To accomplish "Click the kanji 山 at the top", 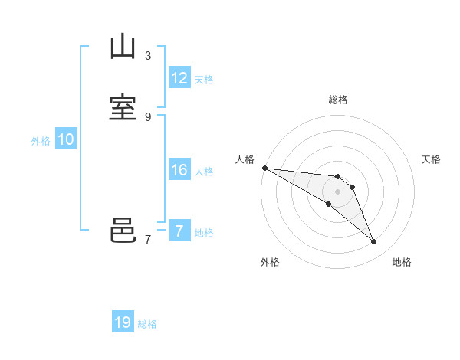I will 123,47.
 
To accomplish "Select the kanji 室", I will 123,108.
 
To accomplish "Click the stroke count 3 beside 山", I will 148,55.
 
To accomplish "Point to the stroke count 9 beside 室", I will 148,116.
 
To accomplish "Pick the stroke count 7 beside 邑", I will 148,239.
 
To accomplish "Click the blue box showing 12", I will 179,78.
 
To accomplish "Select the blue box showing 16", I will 179,170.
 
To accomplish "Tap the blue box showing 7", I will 179,231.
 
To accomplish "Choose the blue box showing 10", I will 66,139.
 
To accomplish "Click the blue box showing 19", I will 123,322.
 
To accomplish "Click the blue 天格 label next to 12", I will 204,80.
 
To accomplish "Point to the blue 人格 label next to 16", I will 204,172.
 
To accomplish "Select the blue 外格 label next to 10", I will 41,141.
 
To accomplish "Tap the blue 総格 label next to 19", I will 147,324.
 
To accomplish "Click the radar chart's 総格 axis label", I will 338,100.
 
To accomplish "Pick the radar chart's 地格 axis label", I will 402,262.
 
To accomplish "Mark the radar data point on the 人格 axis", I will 264,168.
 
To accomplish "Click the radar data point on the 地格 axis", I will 373,242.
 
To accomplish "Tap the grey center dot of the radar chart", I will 338,191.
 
